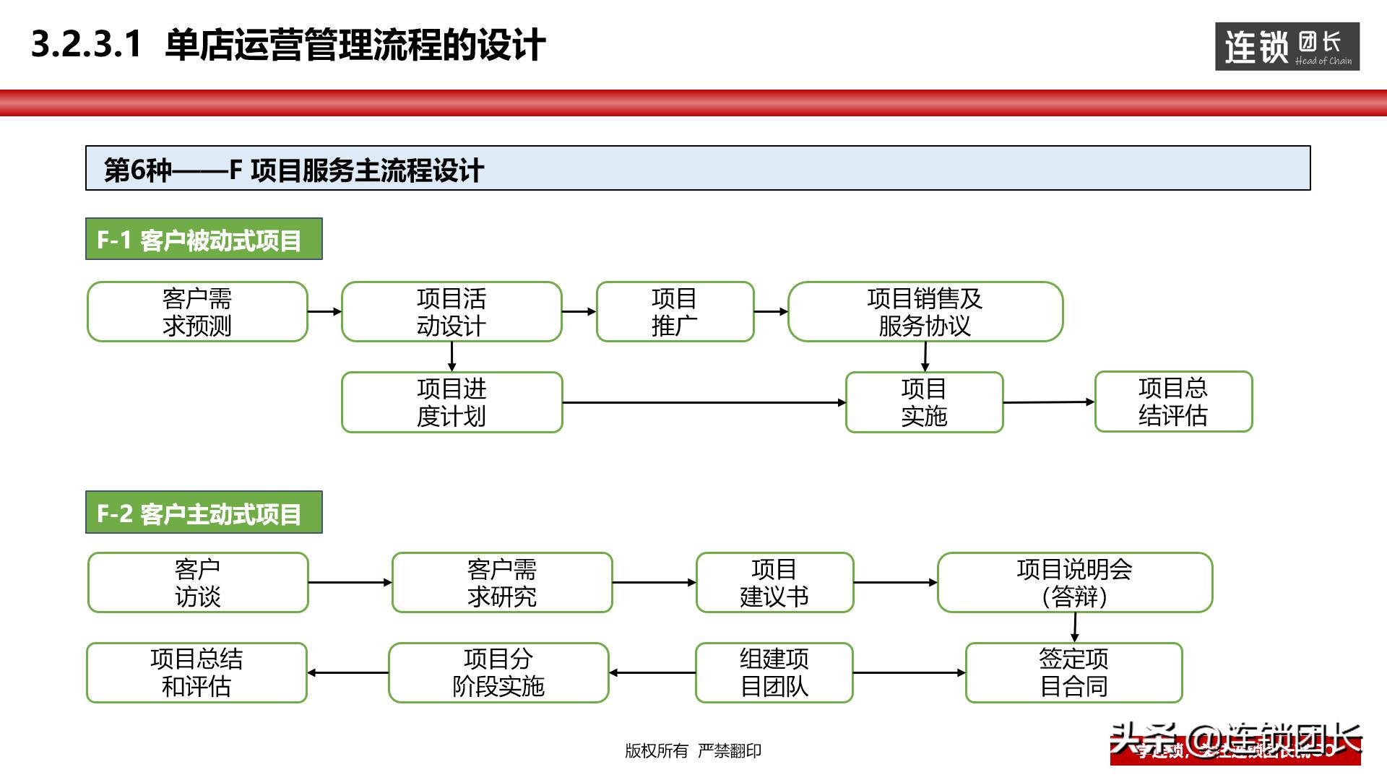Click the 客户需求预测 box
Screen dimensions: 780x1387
point(197,312)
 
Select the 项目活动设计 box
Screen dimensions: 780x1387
point(451,312)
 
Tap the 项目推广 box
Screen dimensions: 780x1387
point(675,312)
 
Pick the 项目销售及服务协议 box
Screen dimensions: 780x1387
point(925,312)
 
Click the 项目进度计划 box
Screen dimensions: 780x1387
point(451,402)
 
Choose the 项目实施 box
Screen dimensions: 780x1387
point(924,402)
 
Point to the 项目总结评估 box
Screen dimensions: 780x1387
point(1173,402)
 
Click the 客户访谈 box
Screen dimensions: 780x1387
point(198,583)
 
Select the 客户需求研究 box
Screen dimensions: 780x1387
point(502,583)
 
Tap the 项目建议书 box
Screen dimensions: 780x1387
point(774,583)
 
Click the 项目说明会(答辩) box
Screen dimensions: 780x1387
point(1074,583)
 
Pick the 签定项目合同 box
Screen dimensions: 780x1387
point(1073,672)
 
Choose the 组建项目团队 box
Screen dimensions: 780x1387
point(774,672)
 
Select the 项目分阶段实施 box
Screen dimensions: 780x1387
point(498,672)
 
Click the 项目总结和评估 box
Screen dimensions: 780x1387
point(196,672)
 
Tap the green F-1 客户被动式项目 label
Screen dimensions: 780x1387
point(204,239)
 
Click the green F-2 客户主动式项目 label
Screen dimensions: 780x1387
point(204,513)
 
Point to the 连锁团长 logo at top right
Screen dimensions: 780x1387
point(1287,47)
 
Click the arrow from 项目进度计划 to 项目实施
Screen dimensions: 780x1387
point(704,402)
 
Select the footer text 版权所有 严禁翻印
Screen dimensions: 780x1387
point(693,751)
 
